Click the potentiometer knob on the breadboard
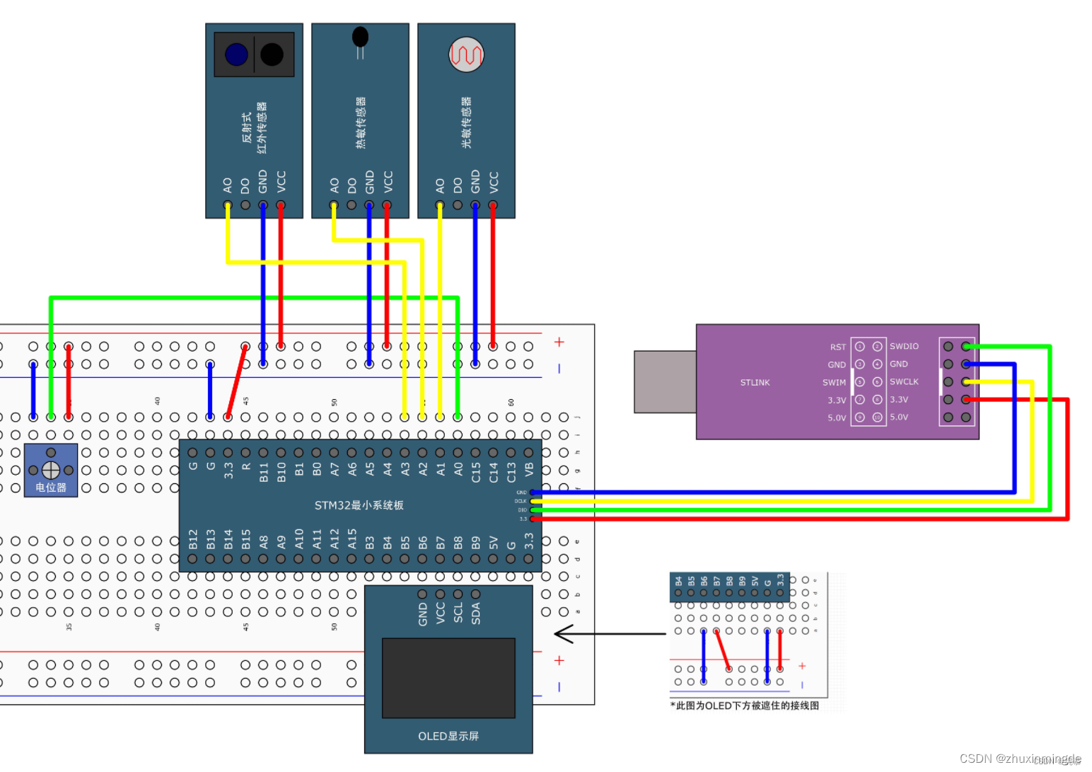51,470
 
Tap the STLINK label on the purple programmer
755,383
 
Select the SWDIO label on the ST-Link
904,347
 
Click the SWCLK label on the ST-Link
904,382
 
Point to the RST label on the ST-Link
837,347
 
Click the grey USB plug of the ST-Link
665,381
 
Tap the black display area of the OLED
448,678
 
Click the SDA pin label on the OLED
476,613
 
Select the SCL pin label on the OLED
458,613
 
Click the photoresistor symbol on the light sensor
466,54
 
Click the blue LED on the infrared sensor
236,54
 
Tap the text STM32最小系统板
359,505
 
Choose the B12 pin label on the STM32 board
193,539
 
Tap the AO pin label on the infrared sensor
228,185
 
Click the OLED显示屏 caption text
448,737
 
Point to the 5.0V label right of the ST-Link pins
899,417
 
